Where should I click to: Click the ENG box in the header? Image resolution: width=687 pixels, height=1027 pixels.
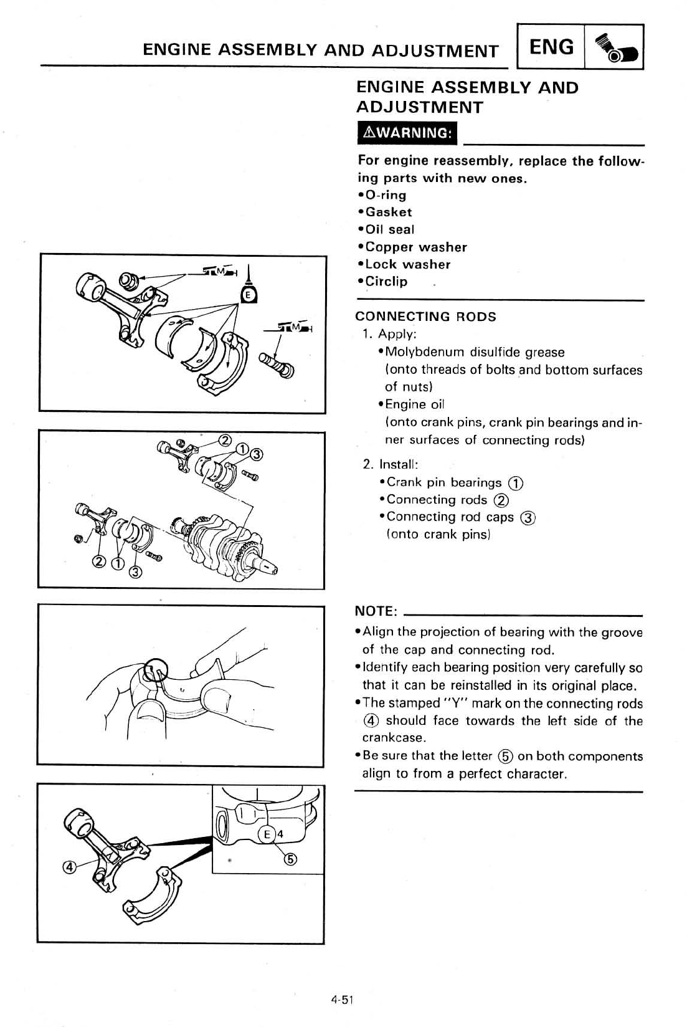pos(551,47)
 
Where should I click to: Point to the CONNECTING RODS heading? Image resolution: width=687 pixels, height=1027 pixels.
pos(425,317)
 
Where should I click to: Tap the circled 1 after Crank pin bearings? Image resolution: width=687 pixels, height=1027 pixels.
pos(515,483)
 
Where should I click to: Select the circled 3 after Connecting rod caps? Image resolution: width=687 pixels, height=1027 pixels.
pos(528,517)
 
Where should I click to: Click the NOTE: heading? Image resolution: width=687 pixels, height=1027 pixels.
pos(376,611)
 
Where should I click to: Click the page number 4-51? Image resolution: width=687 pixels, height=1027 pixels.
pos(343,1000)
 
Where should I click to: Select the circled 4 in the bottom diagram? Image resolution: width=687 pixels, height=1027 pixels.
pos(69,867)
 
